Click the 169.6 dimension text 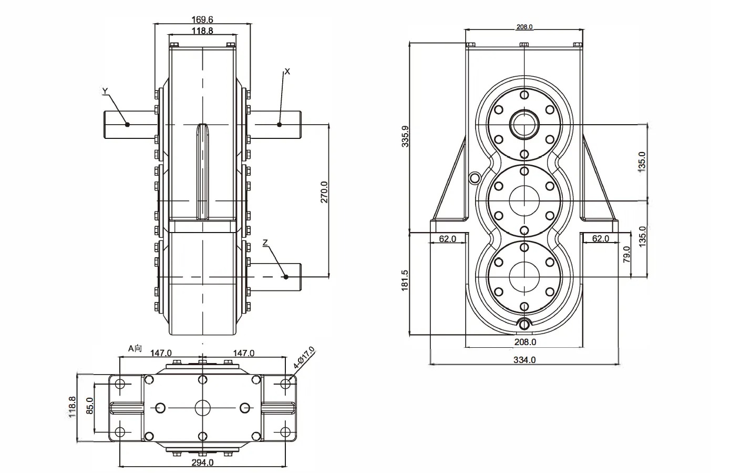[202, 19]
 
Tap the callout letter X [287, 71]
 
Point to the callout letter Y [105, 92]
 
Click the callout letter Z [265, 243]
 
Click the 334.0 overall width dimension [524, 360]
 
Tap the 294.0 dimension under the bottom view [202, 462]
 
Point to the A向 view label [136, 348]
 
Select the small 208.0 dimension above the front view [524, 27]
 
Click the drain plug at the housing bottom [524, 325]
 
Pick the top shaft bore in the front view [524, 124]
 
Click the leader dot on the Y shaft [127, 125]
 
